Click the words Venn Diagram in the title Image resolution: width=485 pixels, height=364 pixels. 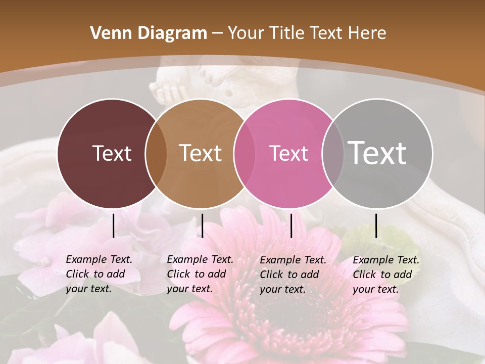pos(149,33)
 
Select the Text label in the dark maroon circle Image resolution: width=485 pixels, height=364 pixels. pos(112,153)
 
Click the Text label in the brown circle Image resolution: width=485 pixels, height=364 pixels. pos(201,153)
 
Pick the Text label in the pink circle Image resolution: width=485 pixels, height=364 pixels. pos(288,153)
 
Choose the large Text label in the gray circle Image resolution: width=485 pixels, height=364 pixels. pos(377,153)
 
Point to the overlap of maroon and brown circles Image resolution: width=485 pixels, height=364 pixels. pos(156,154)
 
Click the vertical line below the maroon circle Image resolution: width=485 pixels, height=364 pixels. pos(113,225)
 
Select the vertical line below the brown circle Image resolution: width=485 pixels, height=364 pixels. pos(202,225)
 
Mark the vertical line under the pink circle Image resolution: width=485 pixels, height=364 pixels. pos(291,225)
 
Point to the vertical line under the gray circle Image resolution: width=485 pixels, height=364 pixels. pos(376,225)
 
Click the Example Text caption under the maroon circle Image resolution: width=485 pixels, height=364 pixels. pos(99,274)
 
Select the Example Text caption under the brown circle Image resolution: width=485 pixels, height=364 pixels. pos(200,274)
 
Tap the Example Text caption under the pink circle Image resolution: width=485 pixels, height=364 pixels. pos(293,275)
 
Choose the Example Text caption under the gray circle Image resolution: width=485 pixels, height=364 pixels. pos(385,275)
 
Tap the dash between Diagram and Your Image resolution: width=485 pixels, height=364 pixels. pos(217,33)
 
